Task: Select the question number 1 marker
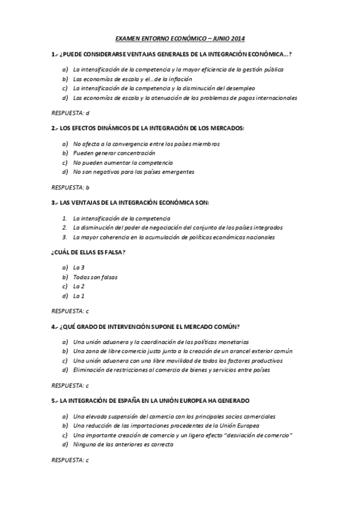tap(53, 54)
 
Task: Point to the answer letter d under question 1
tap(88, 112)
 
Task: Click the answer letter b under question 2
tap(88, 187)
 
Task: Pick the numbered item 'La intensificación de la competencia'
tap(121, 218)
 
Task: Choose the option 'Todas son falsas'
tap(95, 277)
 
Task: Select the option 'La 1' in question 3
tap(79, 295)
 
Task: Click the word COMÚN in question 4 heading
tap(227, 327)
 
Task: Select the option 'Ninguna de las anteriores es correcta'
tap(123, 444)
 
